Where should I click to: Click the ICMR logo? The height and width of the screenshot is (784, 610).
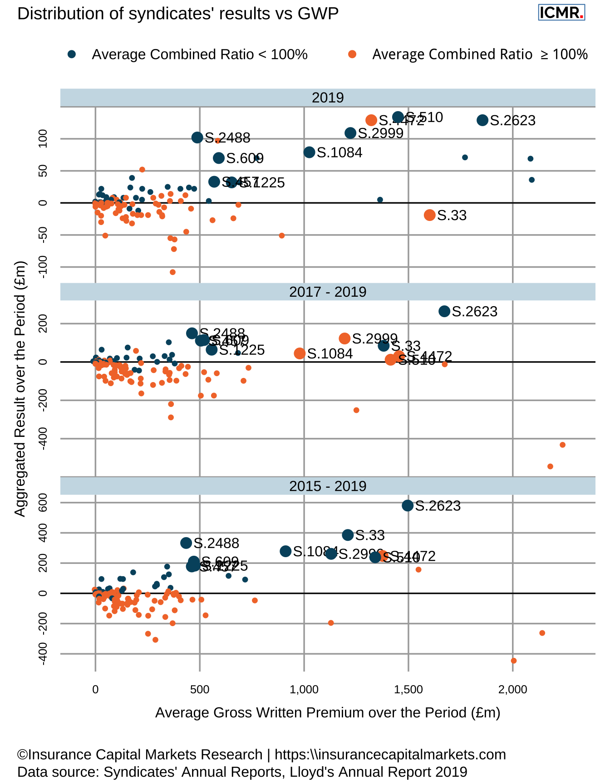click(561, 12)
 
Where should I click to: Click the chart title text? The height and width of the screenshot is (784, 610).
click(178, 14)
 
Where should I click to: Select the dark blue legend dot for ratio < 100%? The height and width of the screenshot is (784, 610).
click(72, 54)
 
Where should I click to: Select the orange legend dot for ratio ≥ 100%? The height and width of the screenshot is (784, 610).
click(352, 54)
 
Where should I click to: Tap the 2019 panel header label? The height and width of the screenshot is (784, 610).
click(328, 98)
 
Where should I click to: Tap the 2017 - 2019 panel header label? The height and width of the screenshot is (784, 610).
click(328, 292)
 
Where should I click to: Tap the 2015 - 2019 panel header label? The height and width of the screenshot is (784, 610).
click(328, 486)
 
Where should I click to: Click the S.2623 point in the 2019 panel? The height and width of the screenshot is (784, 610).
click(482, 120)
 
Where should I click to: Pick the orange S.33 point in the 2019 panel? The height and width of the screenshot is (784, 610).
click(430, 215)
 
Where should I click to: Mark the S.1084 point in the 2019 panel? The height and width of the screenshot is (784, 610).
click(310, 152)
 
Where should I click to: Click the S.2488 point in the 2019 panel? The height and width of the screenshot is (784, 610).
click(197, 137)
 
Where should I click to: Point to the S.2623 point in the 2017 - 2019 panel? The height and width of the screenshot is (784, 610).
click(444, 311)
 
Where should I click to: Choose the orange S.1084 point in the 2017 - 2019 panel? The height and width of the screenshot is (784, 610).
click(300, 353)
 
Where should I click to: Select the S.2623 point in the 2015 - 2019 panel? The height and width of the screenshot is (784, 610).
click(408, 505)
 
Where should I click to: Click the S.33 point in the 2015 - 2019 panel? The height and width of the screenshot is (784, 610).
click(348, 535)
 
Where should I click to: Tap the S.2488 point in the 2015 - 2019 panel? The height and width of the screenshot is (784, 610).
click(186, 543)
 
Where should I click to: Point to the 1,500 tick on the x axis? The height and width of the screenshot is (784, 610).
click(408, 690)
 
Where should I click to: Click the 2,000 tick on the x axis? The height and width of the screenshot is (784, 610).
click(512, 690)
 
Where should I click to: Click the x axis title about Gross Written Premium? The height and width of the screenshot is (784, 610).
click(328, 713)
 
